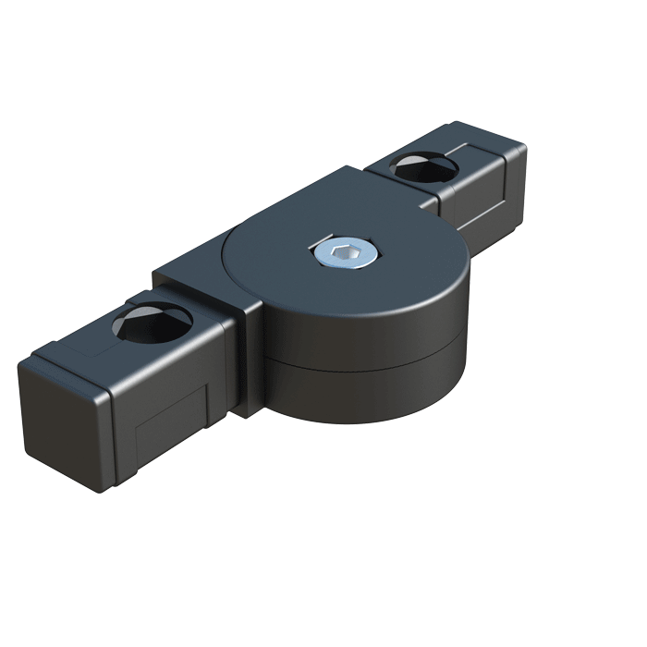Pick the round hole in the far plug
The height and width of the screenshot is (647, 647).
tap(424, 167)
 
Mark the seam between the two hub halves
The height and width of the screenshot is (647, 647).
tap(370, 356)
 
